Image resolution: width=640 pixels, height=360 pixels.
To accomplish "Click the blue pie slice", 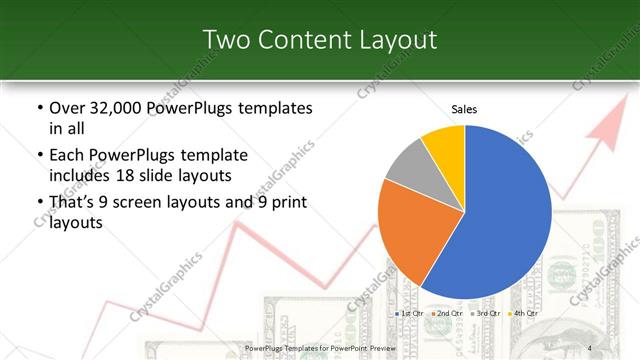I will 505,215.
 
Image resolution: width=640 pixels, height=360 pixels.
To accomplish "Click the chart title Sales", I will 464,108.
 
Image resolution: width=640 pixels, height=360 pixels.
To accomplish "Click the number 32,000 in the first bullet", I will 112,108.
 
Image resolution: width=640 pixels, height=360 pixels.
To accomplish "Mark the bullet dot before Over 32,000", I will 39,108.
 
